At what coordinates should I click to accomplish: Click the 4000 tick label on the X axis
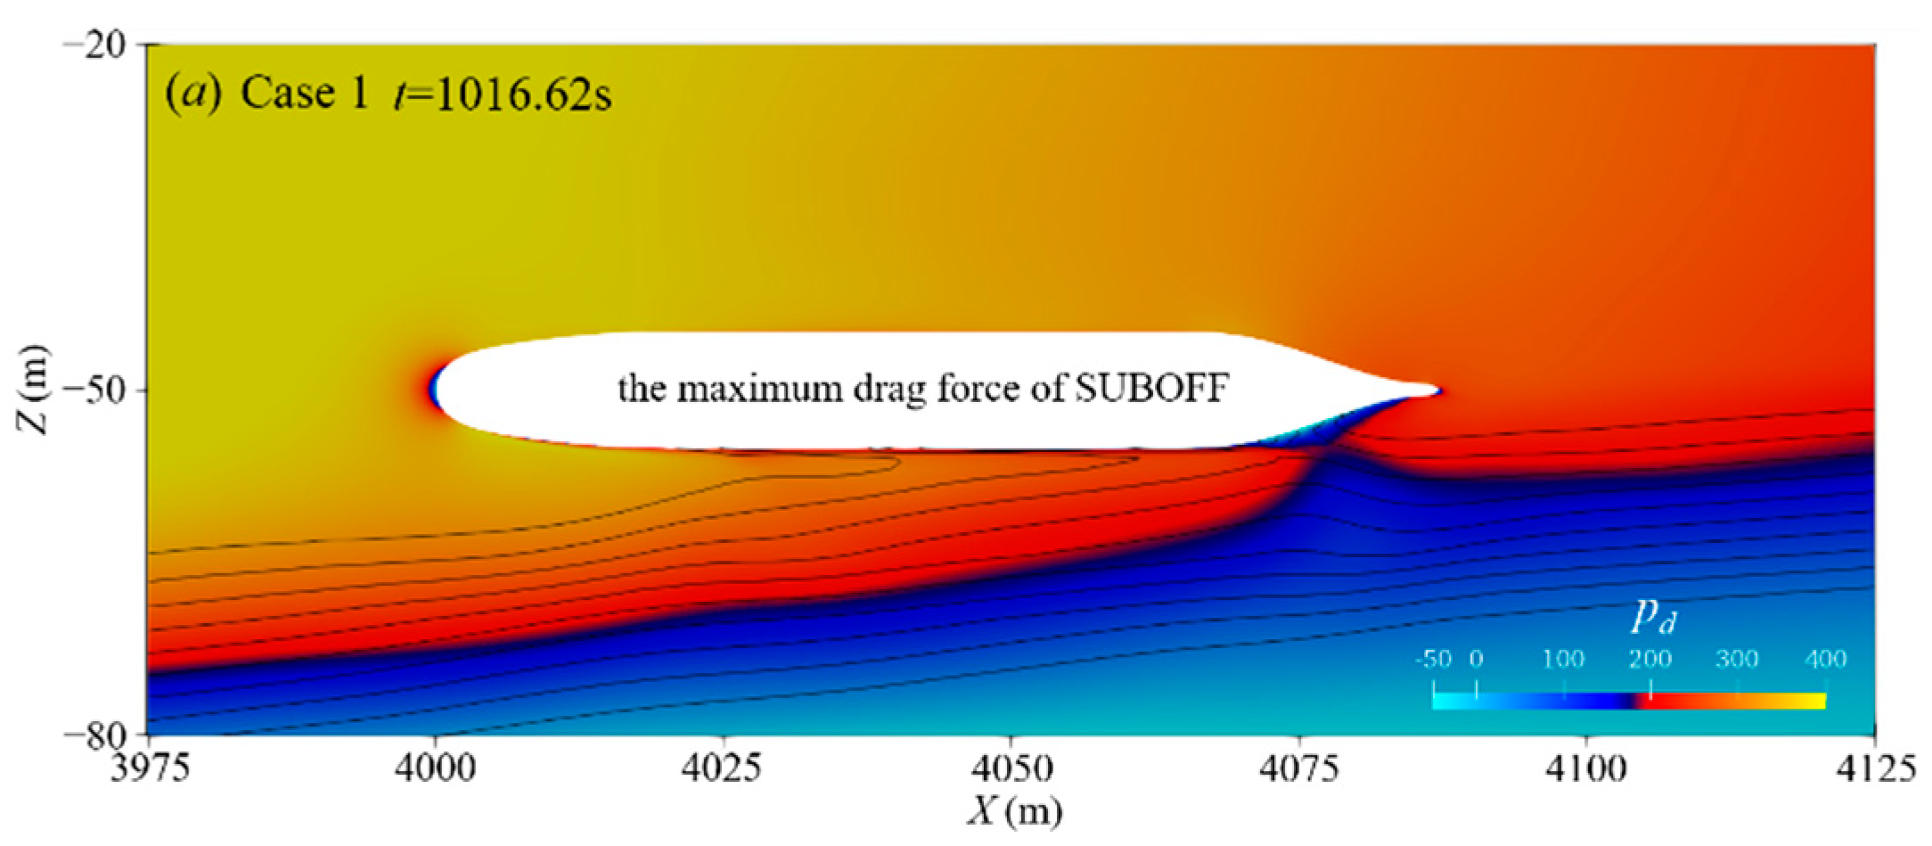click(435, 768)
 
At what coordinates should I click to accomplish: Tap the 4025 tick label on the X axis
click(722, 768)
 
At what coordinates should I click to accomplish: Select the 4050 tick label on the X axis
click(1011, 768)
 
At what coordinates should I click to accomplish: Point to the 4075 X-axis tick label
click(1298, 768)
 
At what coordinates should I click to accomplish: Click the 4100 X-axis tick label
click(1586, 768)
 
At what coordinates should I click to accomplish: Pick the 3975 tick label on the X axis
click(150, 768)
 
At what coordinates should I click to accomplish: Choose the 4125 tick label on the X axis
click(1874, 768)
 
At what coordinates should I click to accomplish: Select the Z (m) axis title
click(34, 390)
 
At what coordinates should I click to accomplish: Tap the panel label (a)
click(193, 94)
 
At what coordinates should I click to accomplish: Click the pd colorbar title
click(1653, 616)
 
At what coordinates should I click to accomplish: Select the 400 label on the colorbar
click(1825, 660)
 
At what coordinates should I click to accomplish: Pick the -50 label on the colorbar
click(1433, 660)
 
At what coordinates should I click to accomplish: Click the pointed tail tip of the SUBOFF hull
click(1437, 390)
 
